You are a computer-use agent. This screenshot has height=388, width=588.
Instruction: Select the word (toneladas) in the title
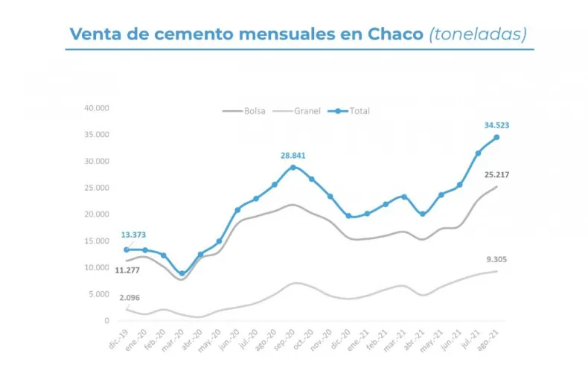click(x=477, y=34)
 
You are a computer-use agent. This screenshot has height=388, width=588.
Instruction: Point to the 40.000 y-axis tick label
click(x=97, y=108)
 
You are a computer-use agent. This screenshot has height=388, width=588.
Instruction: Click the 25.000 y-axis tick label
click(x=97, y=188)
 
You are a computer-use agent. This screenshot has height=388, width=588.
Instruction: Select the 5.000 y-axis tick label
click(x=99, y=294)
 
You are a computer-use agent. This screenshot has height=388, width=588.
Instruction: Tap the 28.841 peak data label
click(x=292, y=156)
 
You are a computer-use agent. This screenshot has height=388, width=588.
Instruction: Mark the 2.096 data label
click(x=128, y=298)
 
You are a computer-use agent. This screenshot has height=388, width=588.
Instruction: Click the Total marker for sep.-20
click(x=293, y=167)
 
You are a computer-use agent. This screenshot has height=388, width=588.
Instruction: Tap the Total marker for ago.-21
click(x=496, y=137)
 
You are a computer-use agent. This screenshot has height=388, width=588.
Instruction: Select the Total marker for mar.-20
click(x=182, y=274)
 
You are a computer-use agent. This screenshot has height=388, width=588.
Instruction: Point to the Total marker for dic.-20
click(x=348, y=216)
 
